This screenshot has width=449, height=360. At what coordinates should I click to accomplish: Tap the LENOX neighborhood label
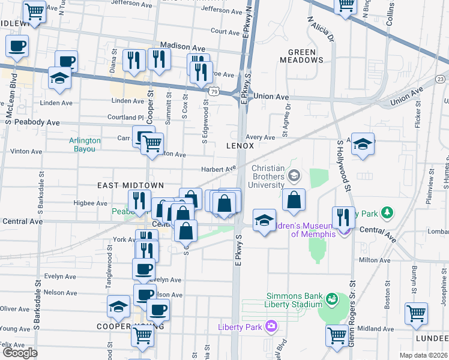point(240,146)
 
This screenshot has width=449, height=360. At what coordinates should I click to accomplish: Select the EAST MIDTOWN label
point(122,186)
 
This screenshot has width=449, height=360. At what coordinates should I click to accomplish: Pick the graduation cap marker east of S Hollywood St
point(363,145)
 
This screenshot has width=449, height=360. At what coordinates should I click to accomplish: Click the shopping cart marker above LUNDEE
point(417,313)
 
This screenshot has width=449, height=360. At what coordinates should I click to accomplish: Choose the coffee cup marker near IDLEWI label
point(17,46)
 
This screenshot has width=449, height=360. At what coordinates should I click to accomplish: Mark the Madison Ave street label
point(183,47)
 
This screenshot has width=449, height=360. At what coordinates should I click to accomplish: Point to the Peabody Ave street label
point(39,122)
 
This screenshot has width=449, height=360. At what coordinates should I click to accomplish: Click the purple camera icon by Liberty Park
point(272,326)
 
